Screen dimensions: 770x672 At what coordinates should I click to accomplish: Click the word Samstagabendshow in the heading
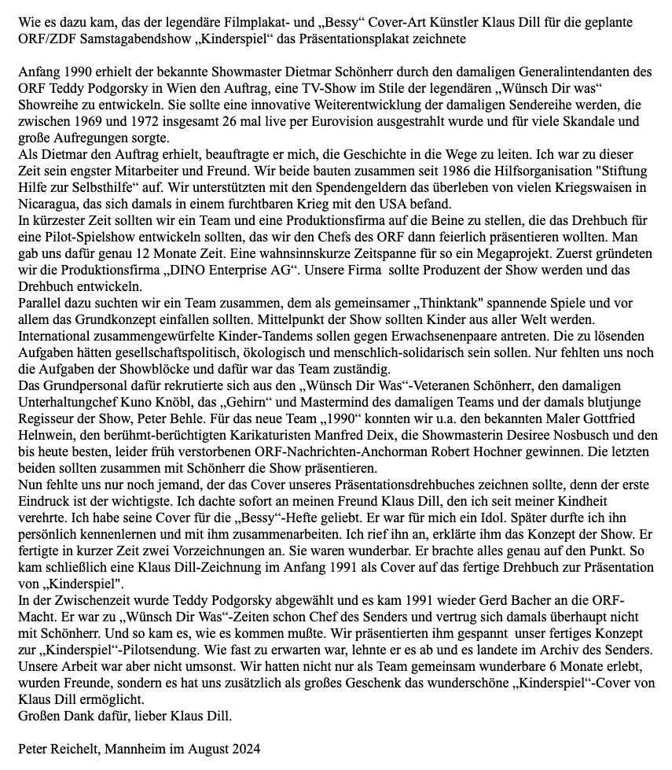click(129, 38)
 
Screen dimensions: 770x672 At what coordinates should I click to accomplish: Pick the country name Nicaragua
click(49, 204)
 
